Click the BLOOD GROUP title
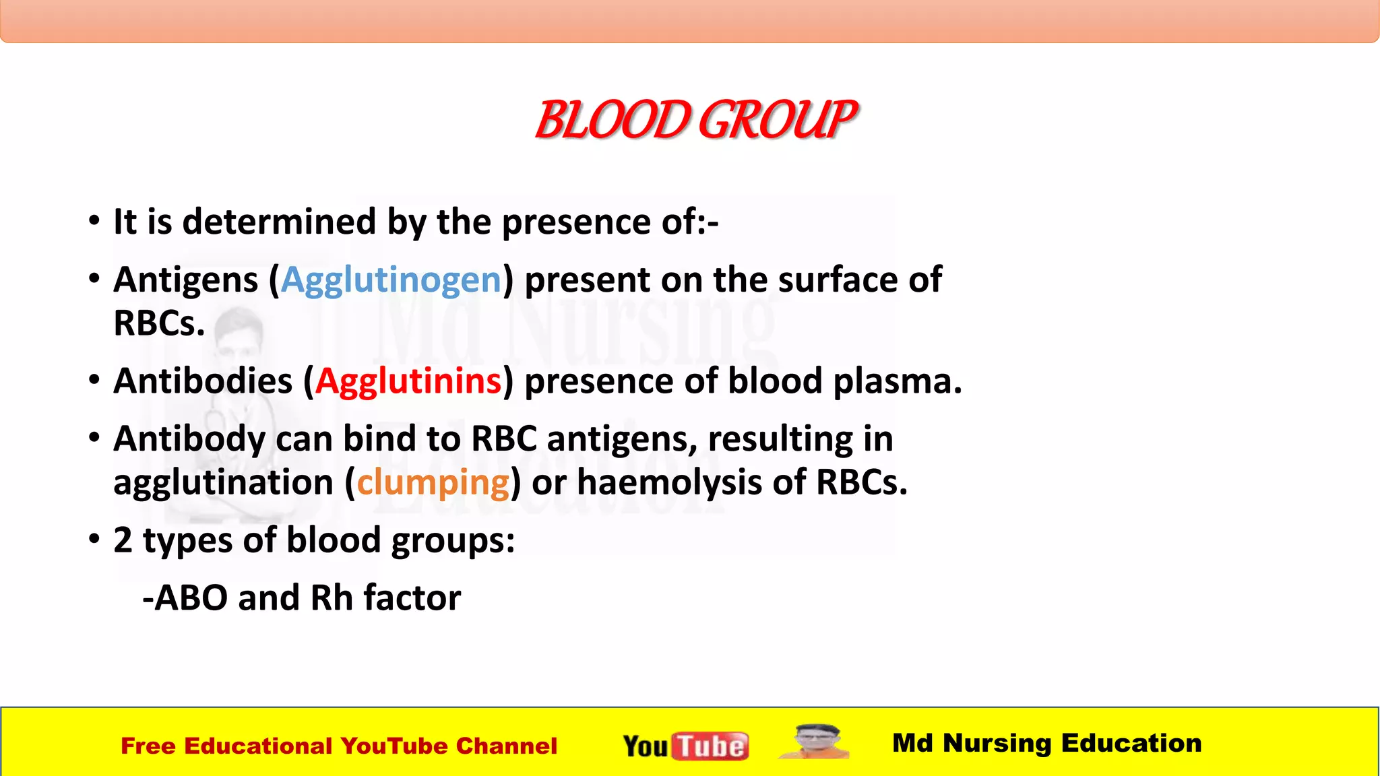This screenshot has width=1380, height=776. [695, 120]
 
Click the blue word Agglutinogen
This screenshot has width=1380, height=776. [391, 280]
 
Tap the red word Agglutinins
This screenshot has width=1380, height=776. [408, 381]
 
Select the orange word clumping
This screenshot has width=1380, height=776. [433, 483]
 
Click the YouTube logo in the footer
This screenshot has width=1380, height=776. [685, 746]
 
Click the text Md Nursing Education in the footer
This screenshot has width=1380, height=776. [1046, 743]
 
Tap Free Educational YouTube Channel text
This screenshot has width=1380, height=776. [339, 746]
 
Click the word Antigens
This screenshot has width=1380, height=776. [186, 280]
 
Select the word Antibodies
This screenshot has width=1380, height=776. [203, 381]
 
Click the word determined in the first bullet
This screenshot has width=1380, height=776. [279, 222]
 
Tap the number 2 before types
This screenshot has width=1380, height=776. [123, 540]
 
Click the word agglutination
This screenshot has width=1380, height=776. [223, 483]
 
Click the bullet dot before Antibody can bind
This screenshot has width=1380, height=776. [94, 438]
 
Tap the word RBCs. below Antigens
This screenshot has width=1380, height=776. [159, 323]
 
